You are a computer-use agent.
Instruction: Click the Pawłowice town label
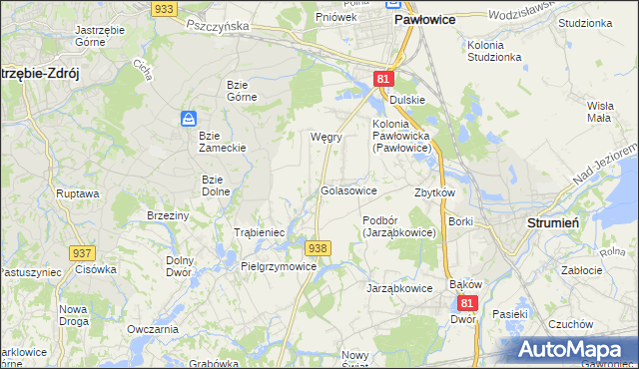[425, 19]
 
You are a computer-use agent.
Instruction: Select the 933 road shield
[165, 7]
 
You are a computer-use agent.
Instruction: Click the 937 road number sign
[82, 254]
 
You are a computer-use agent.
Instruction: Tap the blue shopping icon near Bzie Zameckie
[188, 119]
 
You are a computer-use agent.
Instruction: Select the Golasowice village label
[347, 189]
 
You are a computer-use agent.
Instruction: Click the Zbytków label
[434, 192]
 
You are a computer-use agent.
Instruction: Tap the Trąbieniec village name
[260, 232]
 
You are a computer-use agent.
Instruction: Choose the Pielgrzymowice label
[279, 266]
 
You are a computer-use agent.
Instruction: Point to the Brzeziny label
[168, 215]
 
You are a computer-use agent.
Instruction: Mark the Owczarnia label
[153, 329]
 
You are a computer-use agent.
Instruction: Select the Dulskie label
[407, 100]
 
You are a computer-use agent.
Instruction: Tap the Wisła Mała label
[599, 111]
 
